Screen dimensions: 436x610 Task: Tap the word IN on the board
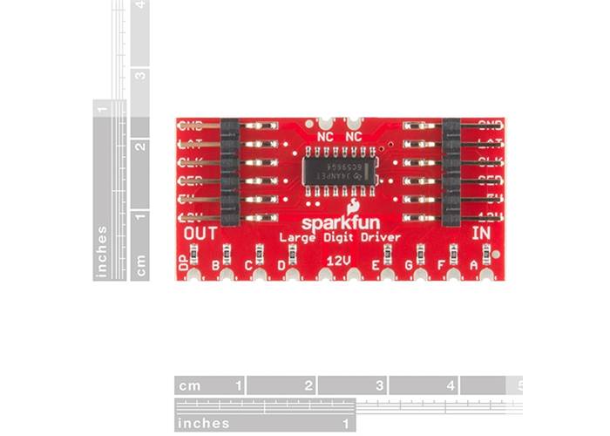[481, 234]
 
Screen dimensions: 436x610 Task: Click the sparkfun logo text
[339, 222]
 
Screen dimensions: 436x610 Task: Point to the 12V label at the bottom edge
[338, 261]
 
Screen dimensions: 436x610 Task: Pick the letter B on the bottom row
[215, 265]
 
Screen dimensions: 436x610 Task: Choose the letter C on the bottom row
[248, 265]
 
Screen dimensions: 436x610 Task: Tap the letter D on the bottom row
[281, 265]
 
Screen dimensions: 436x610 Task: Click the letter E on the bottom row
[376, 265]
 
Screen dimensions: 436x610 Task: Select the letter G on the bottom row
[408, 265]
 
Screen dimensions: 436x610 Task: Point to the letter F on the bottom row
[442, 264]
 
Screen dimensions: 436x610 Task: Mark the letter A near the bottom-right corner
[474, 264]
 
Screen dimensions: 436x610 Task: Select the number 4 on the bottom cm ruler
[451, 385]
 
